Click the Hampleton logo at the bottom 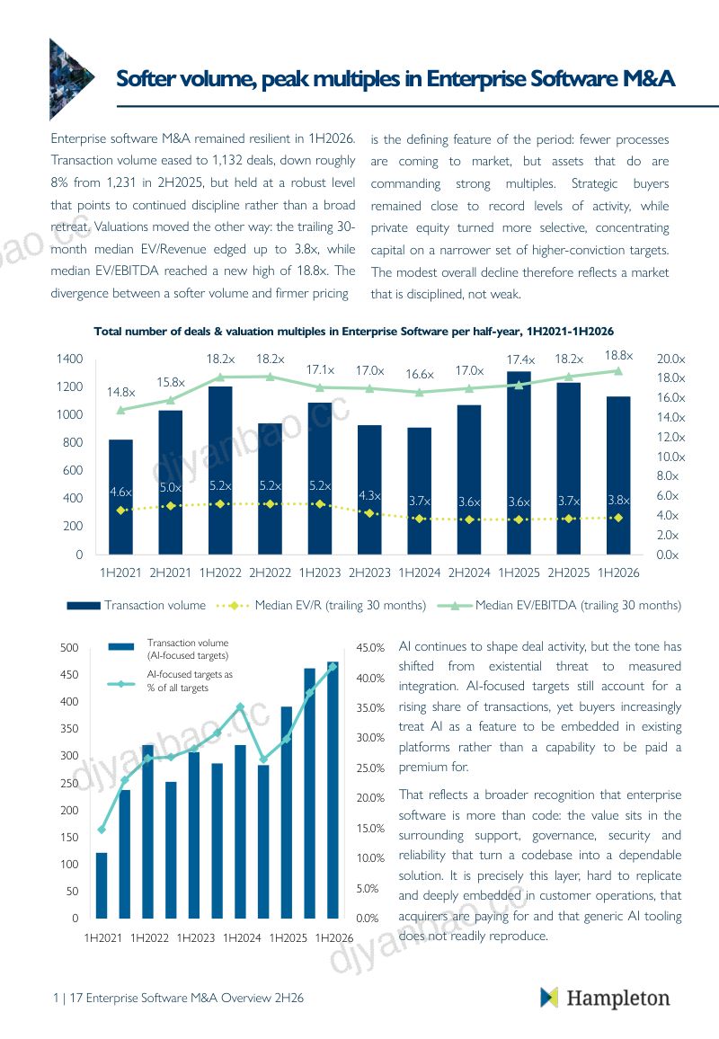(605, 998)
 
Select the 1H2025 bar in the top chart (519, 463)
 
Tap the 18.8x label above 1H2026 (618, 356)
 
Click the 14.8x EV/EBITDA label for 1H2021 (120, 392)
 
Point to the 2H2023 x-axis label (369, 573)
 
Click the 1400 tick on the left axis (69, 359)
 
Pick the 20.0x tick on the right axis (670, 359)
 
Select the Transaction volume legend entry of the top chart (137, 605)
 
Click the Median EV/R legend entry (322, 605)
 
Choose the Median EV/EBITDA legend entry (559, 605)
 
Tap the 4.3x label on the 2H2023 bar (369, 495)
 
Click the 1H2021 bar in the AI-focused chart (102, 885)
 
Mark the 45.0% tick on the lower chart (370, 647)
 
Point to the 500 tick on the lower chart (69, 647)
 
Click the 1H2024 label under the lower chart (242, 937)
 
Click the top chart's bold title (354, 331)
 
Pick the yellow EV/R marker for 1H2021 (120, 511)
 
